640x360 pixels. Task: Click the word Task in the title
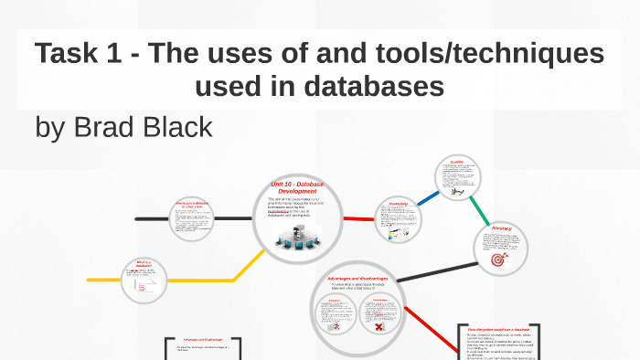click(66, 54)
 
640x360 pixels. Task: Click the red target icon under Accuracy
click(498, 259)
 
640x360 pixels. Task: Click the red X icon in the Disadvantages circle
click(379, 326)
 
